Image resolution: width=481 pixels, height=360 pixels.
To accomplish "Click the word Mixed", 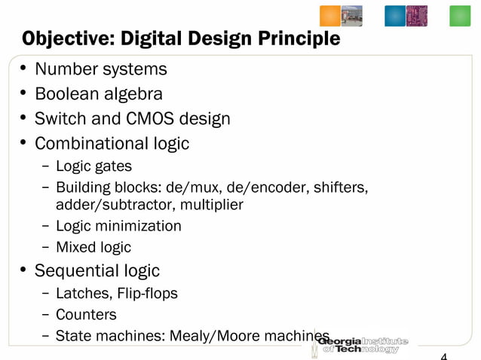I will click(76, 247).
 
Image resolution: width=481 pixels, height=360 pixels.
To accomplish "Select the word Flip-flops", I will click(147, 293).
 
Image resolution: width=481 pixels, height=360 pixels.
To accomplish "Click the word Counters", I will click(86, 314).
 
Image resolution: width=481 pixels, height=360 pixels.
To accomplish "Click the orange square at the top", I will click(330, 16).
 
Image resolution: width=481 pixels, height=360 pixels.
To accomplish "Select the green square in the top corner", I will click(460, 16).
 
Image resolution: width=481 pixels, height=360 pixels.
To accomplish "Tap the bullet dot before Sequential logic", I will click(25, 270).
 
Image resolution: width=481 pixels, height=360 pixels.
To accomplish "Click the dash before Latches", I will click(47, 293).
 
